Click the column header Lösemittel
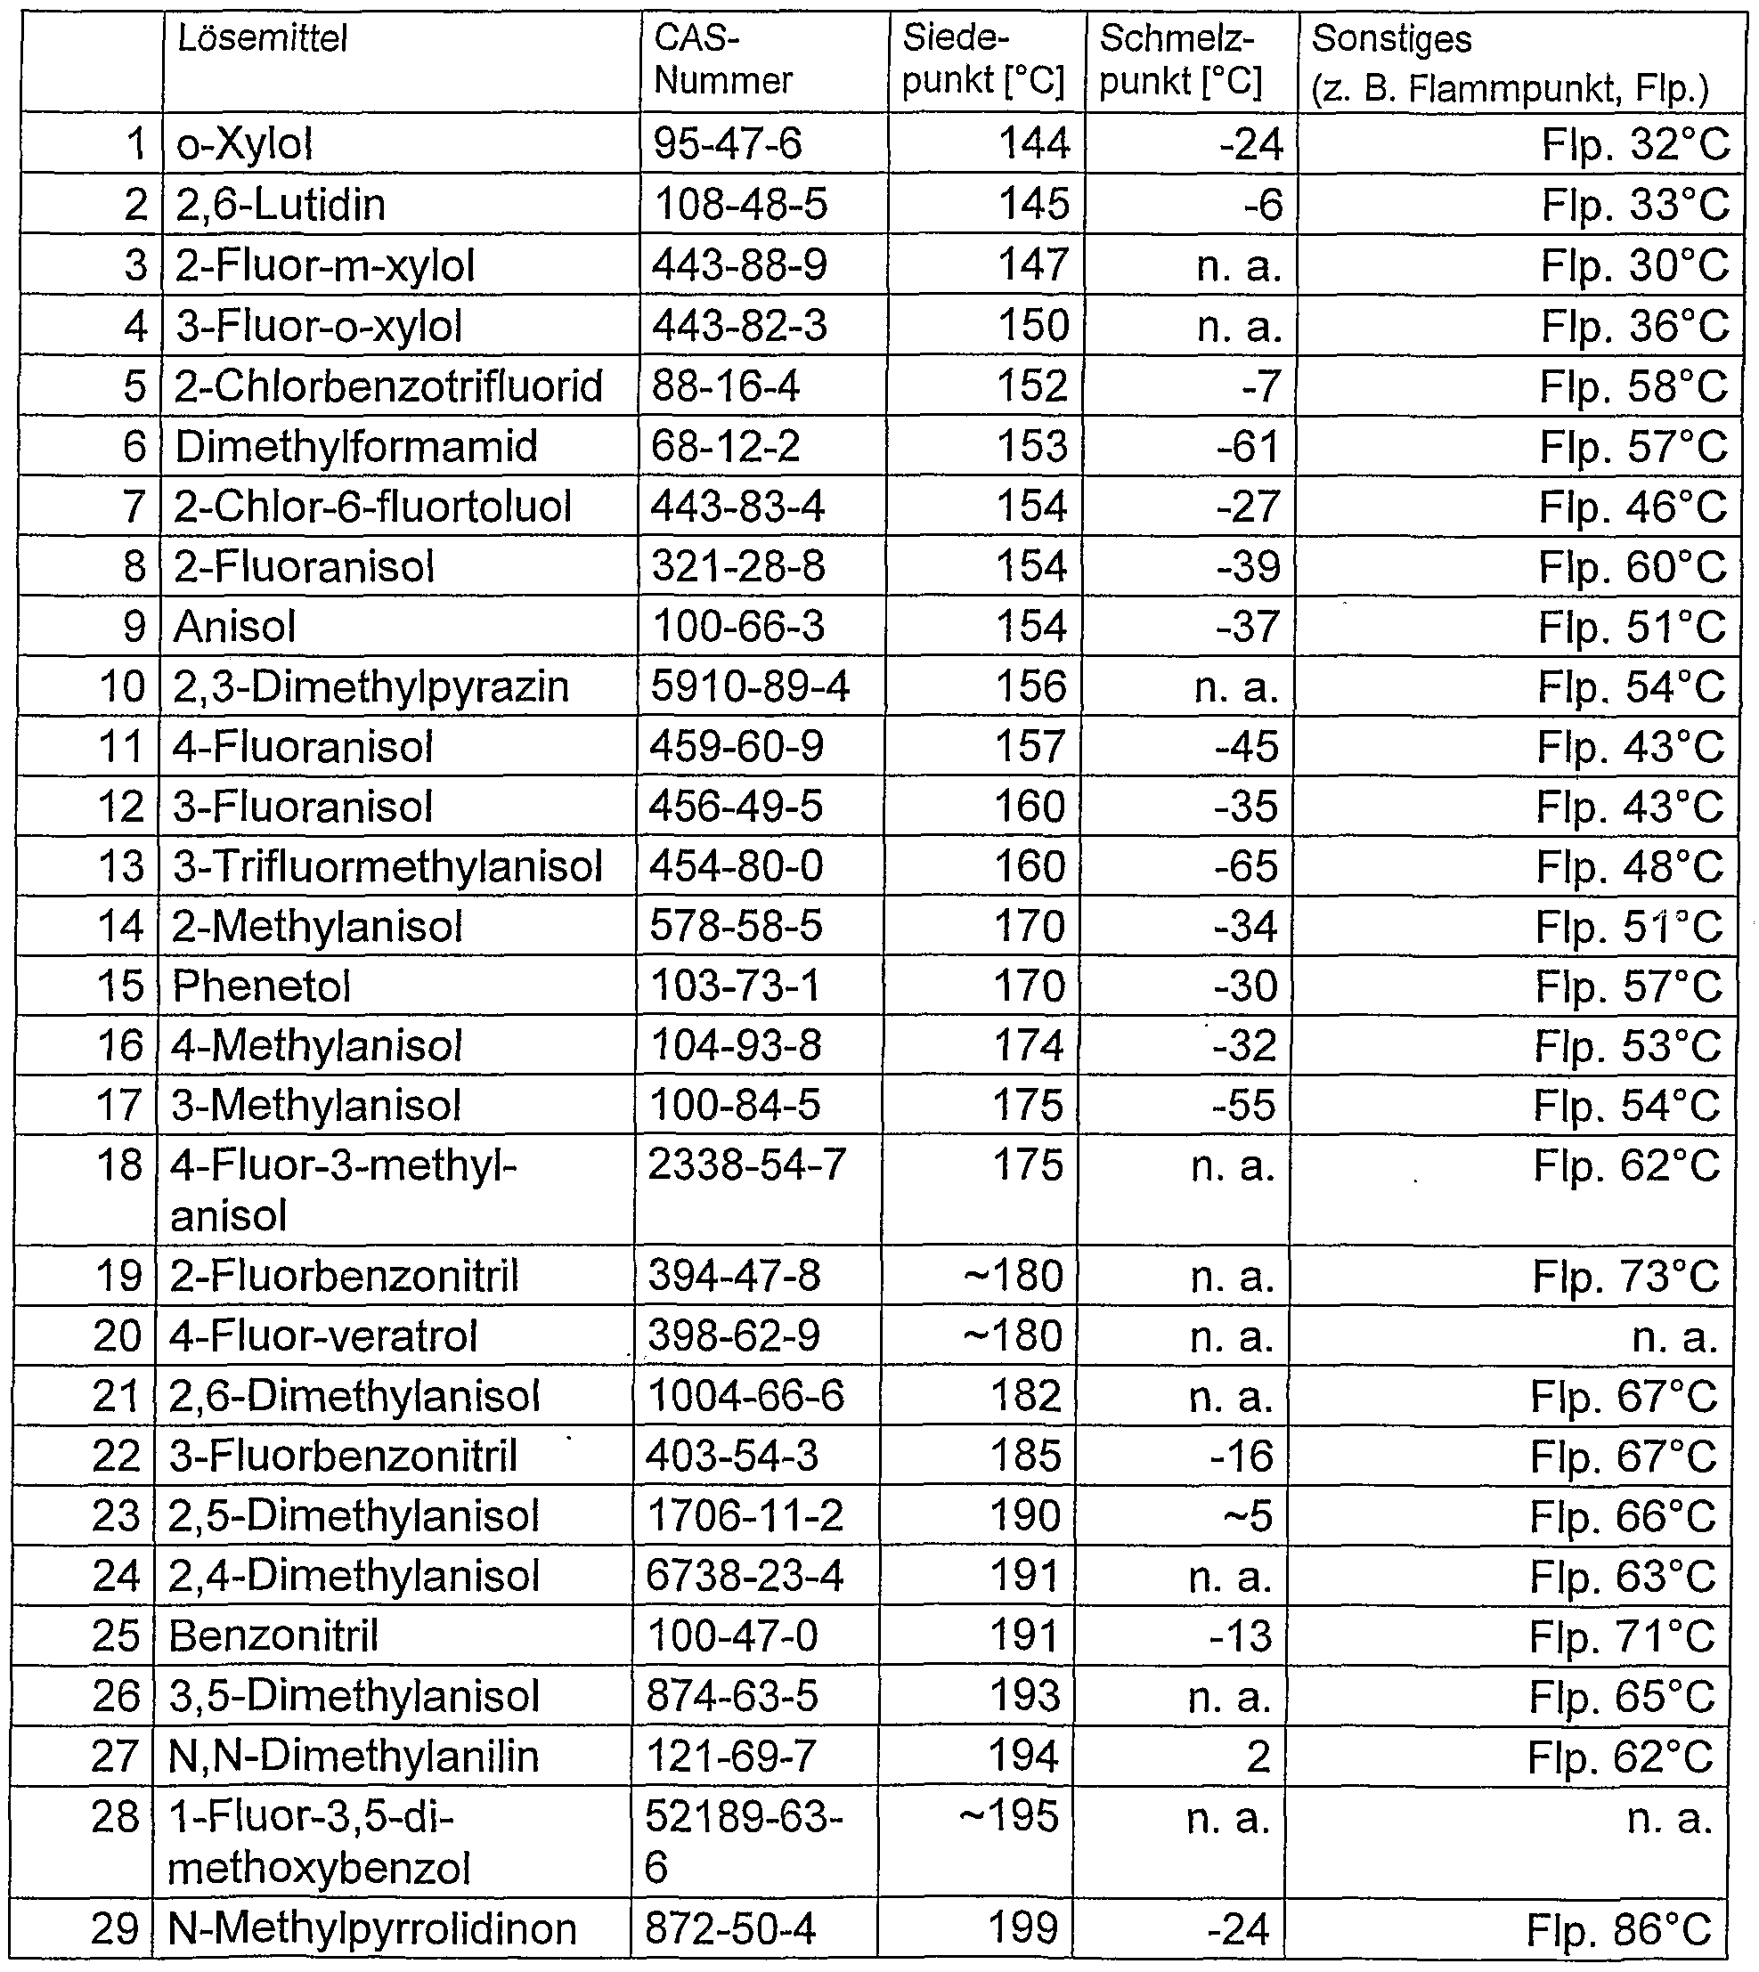[x=262, y=39]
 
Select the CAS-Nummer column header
[x=722, y=60]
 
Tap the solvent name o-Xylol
[x=245, y=144]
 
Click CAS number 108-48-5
[x=740, y=205]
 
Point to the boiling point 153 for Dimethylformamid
[x=1032, y=446]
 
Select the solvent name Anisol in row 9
[x=234, y=627]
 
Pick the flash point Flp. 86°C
[x=1619, y=1929]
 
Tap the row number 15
[x=120, y=986]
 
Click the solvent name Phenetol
[x=261, y=986]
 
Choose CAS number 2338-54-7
[x=746, y=1165]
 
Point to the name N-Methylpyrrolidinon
[x=372, y=1929]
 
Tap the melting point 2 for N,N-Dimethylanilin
[x=1258, y=1757]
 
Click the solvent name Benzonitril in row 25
[x=273, y=1636]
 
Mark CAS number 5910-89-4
[x=749, y=687]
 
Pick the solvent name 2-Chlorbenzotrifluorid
[x=387, y=386]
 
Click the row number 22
[x=117, y=1456]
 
